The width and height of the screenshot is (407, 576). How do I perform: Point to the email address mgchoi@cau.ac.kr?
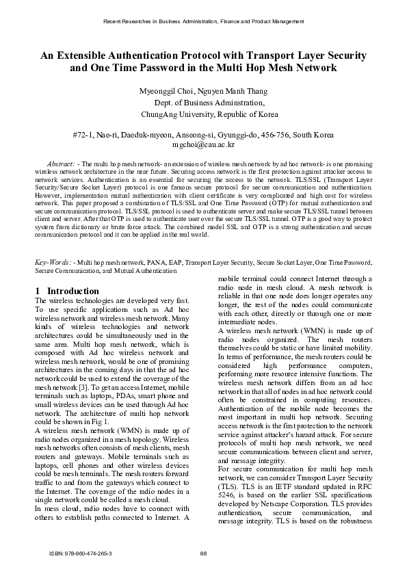click(203, 145)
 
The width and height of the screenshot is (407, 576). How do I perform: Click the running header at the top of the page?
click(203, 22)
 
